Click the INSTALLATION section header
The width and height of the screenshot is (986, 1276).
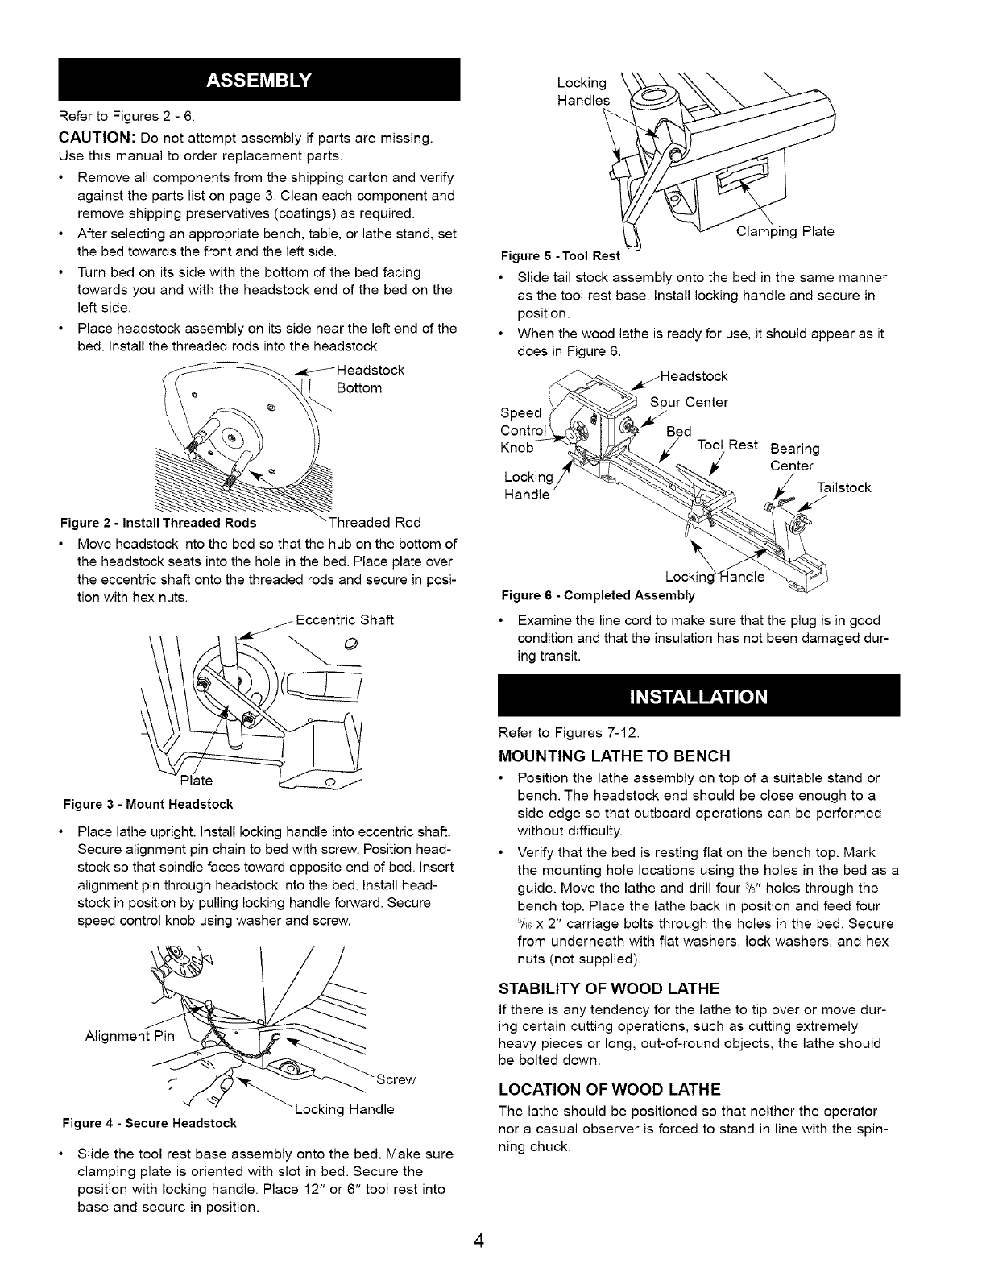698,695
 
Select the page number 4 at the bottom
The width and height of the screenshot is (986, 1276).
478,1240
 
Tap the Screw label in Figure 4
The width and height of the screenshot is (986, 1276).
395,1079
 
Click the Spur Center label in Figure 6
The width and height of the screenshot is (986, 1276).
689,402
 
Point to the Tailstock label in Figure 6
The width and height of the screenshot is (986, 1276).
843,487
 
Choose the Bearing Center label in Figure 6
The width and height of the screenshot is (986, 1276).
794,457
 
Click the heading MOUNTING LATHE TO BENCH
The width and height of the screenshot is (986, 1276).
615,756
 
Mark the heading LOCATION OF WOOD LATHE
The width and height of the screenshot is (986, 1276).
609,1090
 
